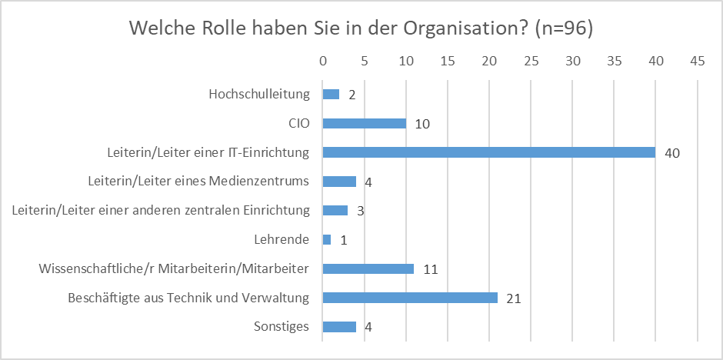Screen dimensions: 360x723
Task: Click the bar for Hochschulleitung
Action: tap(331, 94)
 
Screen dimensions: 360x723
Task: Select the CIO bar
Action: tap(364, 123)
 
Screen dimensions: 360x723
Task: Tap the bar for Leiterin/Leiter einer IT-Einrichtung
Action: tap(488, 152)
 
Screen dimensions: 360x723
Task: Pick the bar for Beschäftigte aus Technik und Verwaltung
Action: tap(410, 298)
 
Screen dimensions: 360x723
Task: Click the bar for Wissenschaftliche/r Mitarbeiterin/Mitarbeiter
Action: tap(368, 268)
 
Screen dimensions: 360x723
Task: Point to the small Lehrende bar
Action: tap(327, 240)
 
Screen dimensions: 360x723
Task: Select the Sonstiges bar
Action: tap(339, 327)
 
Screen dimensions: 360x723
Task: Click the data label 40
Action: tap(672, 153)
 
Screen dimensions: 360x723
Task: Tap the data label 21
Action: tap(514, 298)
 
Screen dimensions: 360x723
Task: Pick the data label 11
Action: tap(430, 269)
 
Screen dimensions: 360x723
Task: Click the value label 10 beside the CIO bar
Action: tap(422, 124)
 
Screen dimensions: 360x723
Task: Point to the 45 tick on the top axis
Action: tap(698, 60)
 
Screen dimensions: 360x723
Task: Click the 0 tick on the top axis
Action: tap(323, 60)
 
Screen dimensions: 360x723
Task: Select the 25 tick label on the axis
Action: tap(531, 60)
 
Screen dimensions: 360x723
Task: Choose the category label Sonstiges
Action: tap(281, 326)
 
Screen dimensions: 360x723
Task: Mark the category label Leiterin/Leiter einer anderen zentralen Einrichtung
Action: tap(161, 210)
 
